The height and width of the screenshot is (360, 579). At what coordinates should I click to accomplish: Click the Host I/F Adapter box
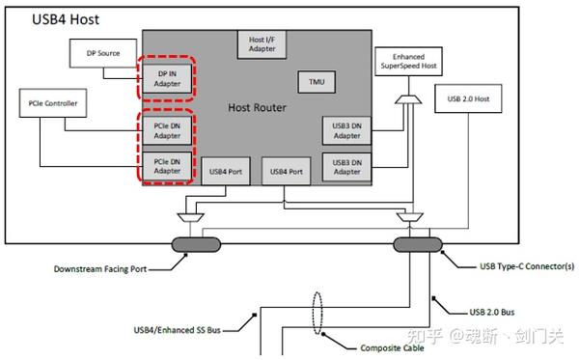(258, 42)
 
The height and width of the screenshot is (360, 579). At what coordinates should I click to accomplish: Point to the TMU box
(317, 83)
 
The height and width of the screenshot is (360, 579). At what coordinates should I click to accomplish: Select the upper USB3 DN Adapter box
(345, 129)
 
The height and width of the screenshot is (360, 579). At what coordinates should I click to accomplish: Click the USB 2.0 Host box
(470, 98)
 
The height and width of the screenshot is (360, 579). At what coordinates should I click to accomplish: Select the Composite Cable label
(391, 348)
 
